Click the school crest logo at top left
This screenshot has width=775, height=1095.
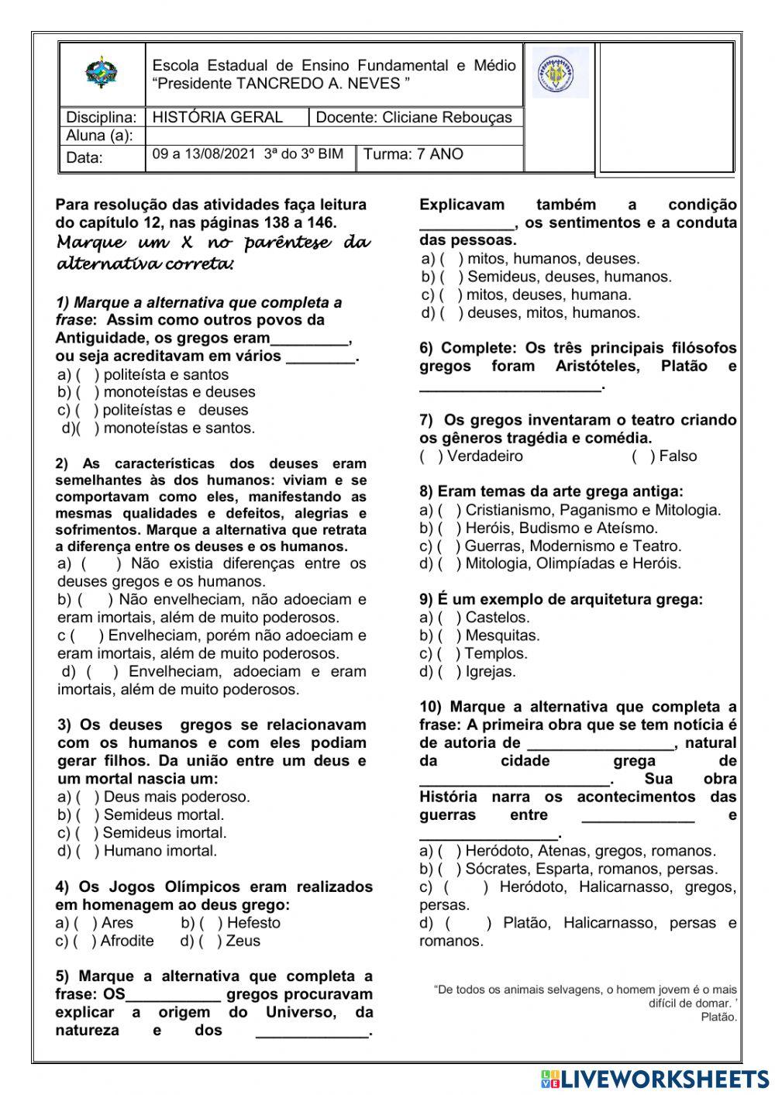[101, 73]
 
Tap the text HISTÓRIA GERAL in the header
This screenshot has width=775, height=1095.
[218, 117]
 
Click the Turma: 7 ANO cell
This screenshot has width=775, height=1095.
[413, 154]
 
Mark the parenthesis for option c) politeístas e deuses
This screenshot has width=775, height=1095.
[85, 410]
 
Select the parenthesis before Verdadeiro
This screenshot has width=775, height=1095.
[430, 456]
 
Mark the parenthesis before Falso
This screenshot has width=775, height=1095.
[643, 456]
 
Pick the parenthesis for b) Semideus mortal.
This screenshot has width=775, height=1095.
[86, 814]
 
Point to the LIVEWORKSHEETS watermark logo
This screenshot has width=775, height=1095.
[655, 1079]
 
